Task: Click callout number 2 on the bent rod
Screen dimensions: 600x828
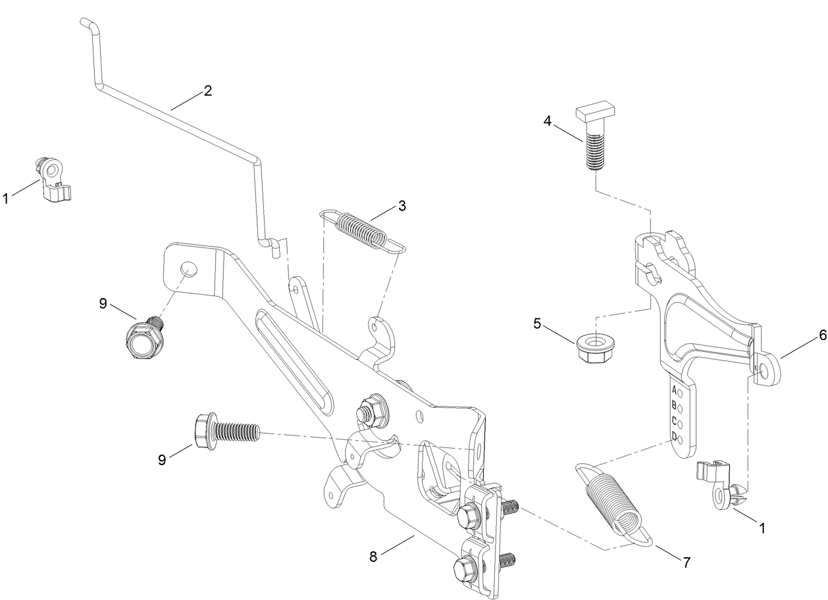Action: pos(207,91)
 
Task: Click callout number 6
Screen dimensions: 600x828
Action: pos(804,335)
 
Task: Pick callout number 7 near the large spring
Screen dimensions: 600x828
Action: pos(686,562)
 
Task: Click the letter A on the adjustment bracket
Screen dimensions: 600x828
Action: pos(674,390)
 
